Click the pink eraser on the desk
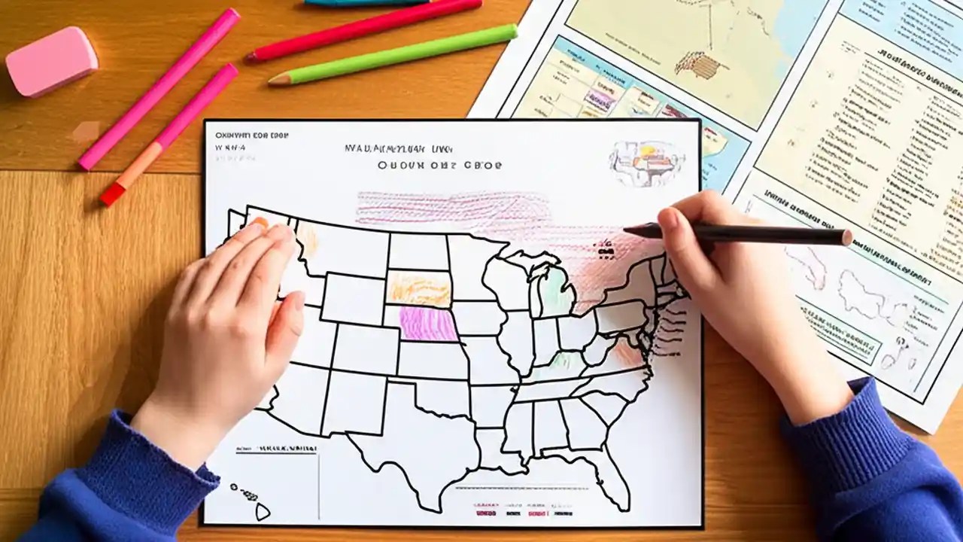(51, 61)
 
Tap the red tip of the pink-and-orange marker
(112, 196)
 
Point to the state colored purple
(427, 322)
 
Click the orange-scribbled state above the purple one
(418, 289)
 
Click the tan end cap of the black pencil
(846, 238)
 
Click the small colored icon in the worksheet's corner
(646, 162)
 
